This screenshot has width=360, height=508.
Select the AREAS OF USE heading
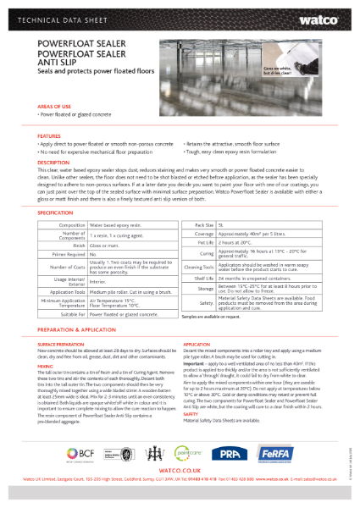tap(54, 108)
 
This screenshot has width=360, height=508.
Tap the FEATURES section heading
tap(48, 135)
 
